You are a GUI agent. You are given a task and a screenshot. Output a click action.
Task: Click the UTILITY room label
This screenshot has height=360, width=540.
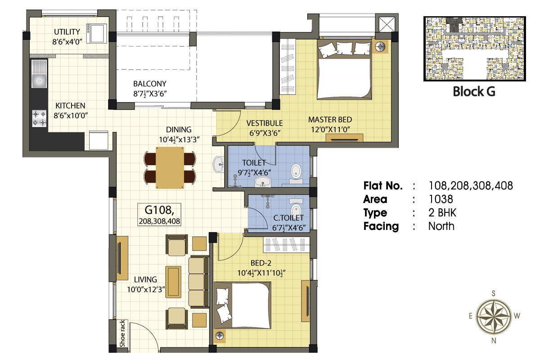pos(67,32)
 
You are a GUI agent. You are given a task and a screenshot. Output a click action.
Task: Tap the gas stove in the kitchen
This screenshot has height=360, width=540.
pos(39,118)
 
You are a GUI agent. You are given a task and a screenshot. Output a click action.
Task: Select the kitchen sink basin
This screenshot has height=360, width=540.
pos(39,81)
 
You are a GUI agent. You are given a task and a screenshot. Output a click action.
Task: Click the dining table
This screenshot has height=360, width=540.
pos(170,168)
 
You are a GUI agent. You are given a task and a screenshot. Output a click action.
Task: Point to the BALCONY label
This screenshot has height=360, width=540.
pos(150,84)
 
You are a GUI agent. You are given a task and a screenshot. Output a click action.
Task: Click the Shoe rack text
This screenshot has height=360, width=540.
pos(122,333)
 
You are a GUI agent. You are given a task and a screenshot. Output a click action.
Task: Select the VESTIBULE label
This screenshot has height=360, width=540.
pos(265,123)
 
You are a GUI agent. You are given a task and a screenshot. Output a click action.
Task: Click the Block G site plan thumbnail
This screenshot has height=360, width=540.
pos(474,49)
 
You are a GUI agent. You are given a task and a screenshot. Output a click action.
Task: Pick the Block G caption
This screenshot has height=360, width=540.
pos(474,92)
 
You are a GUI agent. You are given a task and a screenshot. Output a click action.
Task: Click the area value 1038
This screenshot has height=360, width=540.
pos(441,199)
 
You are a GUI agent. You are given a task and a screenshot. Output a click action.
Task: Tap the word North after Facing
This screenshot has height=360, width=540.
pos(441,226)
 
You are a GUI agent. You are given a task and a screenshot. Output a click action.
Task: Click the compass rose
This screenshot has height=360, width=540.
pos(494,317)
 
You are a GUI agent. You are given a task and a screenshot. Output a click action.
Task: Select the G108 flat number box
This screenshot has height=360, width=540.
pos(159,215)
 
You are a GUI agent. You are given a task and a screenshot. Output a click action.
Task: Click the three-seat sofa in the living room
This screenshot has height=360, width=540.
pos(198,282)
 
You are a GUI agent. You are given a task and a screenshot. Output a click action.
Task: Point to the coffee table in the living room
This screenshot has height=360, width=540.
pos(173,282)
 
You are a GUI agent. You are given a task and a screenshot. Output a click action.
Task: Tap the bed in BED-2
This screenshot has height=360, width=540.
pos(242,305)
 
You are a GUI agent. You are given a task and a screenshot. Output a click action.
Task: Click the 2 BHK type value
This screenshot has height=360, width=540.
pos(442,213)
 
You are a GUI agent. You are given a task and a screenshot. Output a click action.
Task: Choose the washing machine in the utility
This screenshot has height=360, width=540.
pos(96,33)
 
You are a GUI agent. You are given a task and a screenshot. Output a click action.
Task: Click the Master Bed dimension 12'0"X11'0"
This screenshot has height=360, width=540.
pos(330,130)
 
